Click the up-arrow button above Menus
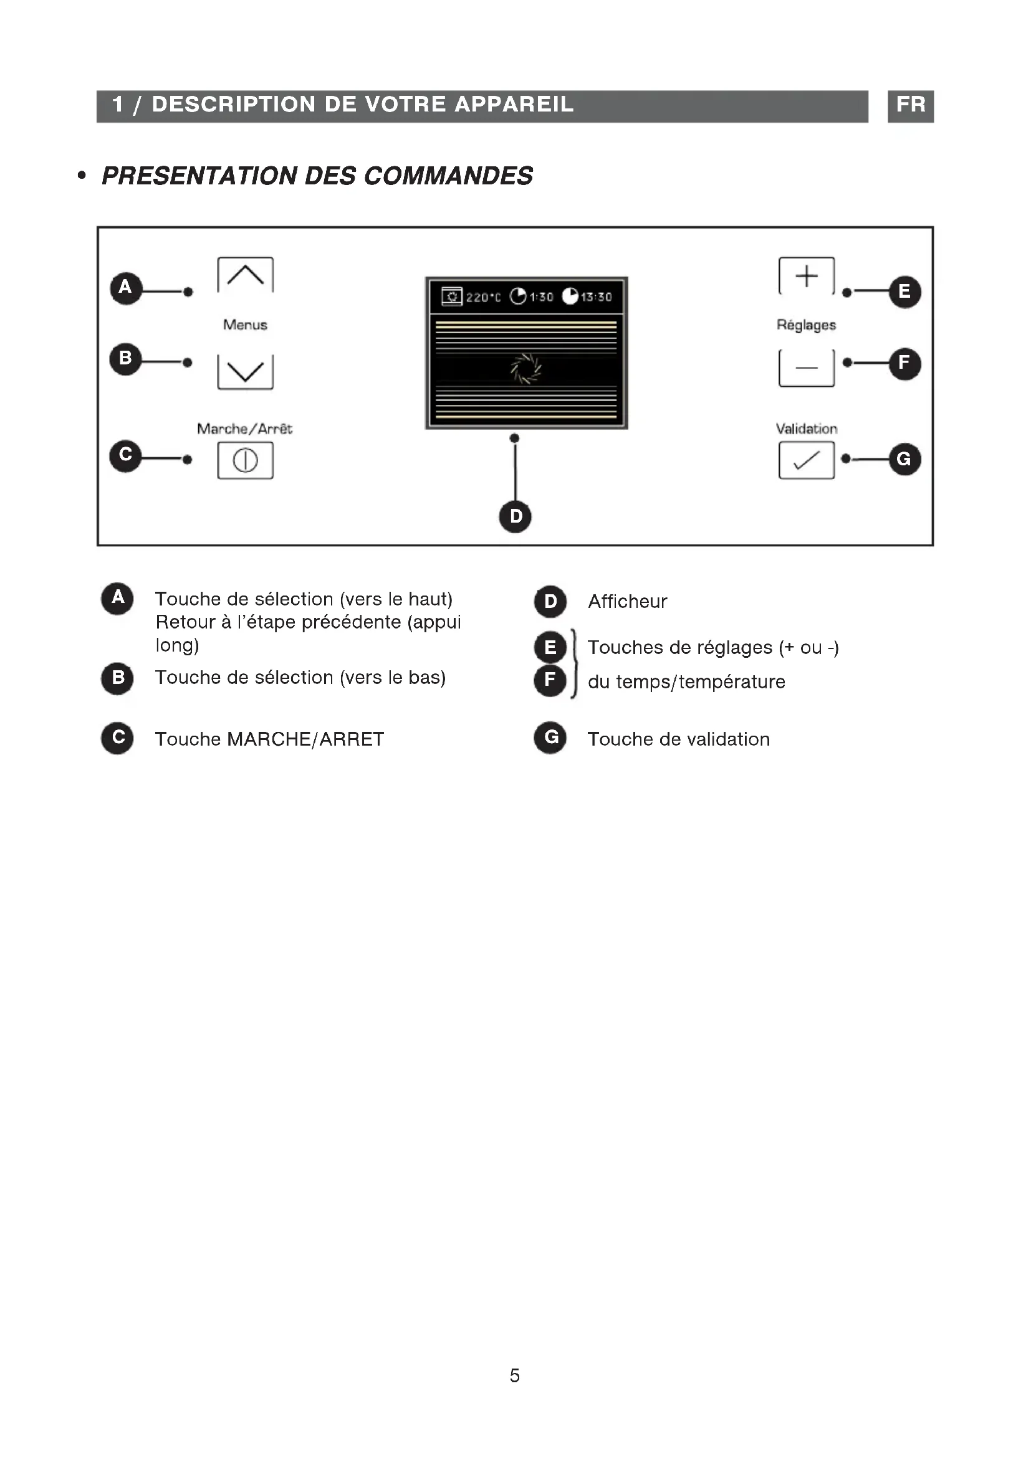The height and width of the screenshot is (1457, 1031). click(x=245, y=275)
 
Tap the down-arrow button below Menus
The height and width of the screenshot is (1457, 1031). click(x=245, y=371)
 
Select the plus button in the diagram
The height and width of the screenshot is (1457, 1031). click(x=806, y=276)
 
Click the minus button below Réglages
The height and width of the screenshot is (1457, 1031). click(x=806, y=368)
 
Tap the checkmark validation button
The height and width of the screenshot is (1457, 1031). click(x=806, y=460)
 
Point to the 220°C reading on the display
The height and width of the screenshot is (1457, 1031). click(x=483, y=297)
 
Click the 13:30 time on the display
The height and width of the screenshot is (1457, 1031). click(x=596, y=297)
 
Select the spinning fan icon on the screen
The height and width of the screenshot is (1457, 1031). click(x=526, y=369)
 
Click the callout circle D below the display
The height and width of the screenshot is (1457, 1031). click(x=515, y=516)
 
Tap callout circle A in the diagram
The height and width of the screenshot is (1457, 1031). click(x=126, y=287)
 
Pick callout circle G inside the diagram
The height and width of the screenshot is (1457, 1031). click(x=904, y=459)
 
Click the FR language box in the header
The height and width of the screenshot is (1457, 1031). click(x=910, y=105)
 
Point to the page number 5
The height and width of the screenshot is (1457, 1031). click(x=515, y=1375)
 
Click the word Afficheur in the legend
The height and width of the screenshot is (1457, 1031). click(x=627, y=602)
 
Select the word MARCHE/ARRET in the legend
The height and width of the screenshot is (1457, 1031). click(x=305, y=739)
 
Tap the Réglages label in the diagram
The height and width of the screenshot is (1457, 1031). click(x=806, y=325)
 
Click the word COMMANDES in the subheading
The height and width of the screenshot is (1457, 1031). click(x=448, y=176)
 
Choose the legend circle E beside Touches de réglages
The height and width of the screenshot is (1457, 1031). click(x=550, y=647)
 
